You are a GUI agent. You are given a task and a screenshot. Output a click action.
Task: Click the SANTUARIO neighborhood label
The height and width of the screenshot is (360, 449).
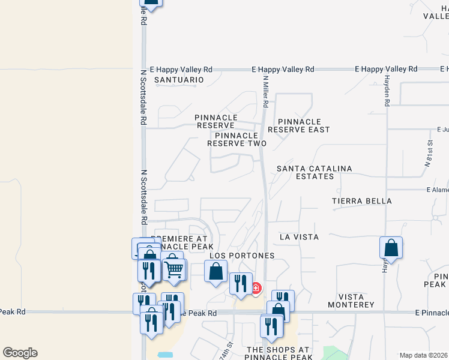pyautogui.click(x=179, y=79)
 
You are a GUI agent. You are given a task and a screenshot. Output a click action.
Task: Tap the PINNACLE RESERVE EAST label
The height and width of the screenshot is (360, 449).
pyautogui.click(x=299, y=125)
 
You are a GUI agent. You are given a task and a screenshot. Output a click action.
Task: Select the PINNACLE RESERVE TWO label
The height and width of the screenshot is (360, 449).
pyautogui.click(x=237, y=139)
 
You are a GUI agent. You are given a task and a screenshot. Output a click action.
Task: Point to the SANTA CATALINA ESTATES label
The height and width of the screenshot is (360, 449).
pyautogui.click(x=314, y=173)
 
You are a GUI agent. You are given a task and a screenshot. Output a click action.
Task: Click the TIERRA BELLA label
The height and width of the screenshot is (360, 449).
pyautogui.click(x=362, y=201)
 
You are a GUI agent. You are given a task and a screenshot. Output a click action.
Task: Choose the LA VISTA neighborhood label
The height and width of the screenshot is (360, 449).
pyautogui.click(x=299, y=238)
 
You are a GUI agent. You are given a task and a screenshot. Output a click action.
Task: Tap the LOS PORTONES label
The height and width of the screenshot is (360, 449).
pyautogui.click(x=242, y=256)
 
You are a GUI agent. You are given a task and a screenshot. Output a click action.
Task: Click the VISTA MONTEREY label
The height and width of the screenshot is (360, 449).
pyautogui.click(x=348, y=301)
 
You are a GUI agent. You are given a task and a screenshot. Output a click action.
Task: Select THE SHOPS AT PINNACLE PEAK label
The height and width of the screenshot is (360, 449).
pyautogui.click(x=278, y=353)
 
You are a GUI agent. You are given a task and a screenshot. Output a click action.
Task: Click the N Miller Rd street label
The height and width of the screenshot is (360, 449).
pyautogui.click(x=265, y=91)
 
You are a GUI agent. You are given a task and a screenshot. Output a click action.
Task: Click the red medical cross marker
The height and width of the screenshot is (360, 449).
pyautogui.click(x=256, y=288)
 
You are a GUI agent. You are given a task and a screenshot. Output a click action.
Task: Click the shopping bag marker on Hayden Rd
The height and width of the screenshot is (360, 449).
pyautogui.click(x=391, y=247)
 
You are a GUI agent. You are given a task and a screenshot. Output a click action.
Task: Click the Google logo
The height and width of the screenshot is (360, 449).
pyautogui.click(x=20, y=352)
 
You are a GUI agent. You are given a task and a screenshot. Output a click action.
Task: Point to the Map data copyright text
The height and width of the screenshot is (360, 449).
pyautogui.click(x=423, y=355)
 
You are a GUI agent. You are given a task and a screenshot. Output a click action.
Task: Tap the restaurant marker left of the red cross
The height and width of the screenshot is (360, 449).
pyautogui.click(x=241, y=283)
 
